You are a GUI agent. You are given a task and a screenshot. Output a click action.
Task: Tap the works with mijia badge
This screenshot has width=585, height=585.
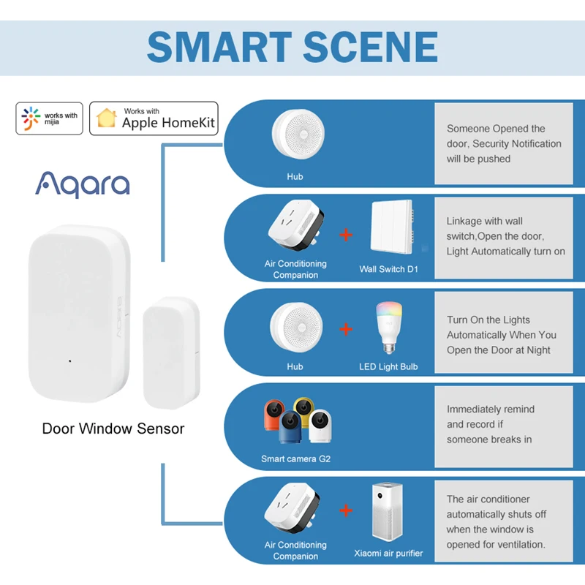(x=50, y=118)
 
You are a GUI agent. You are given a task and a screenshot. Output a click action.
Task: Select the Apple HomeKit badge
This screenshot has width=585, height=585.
(x=154, y=118)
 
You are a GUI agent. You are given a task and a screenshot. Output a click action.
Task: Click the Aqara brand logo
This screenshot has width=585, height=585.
(x=82, y=184)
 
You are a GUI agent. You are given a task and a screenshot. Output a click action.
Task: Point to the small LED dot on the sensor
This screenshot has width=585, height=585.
(x=69, y=361)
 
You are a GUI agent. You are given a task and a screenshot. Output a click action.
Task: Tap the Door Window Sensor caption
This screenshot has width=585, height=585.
(x=113, y=429)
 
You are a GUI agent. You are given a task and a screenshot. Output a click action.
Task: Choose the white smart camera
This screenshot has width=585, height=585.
(x=320, y=426)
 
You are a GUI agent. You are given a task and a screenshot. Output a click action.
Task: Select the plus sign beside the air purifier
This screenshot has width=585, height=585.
(x=347, y=510)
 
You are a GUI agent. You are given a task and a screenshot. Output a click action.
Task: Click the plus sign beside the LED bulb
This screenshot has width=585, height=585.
(x=347, y=329)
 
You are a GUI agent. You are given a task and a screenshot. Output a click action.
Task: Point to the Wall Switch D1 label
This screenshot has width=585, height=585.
(x=388, y=269)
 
